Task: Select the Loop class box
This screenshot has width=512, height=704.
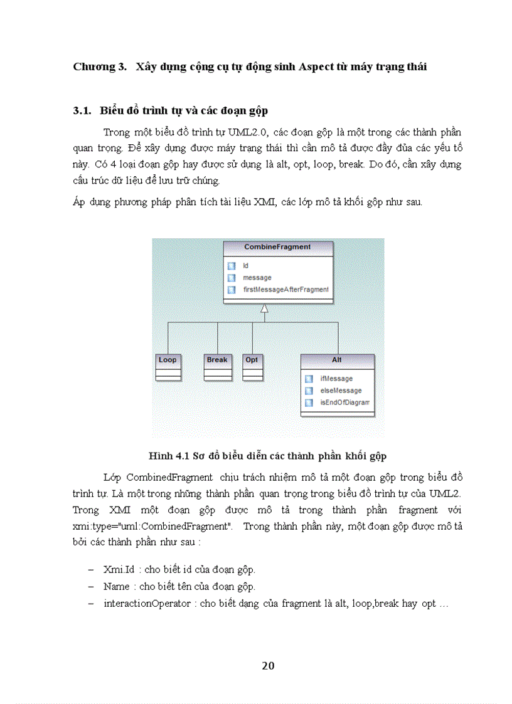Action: point(168,367)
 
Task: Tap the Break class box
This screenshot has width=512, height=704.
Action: point(217,367)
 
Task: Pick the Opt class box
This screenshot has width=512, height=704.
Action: point(252,367)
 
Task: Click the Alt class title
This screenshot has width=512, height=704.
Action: point(337,360)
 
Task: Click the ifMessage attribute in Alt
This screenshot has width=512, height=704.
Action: point(336,379)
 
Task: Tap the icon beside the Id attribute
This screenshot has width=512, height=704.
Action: point(232,266)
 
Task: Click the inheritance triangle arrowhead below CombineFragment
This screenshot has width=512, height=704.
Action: point(265,308)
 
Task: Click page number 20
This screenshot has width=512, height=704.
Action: point(268,666)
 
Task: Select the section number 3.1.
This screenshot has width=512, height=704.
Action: point(82,111)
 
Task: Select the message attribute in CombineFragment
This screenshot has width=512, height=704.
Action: point(257,278)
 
